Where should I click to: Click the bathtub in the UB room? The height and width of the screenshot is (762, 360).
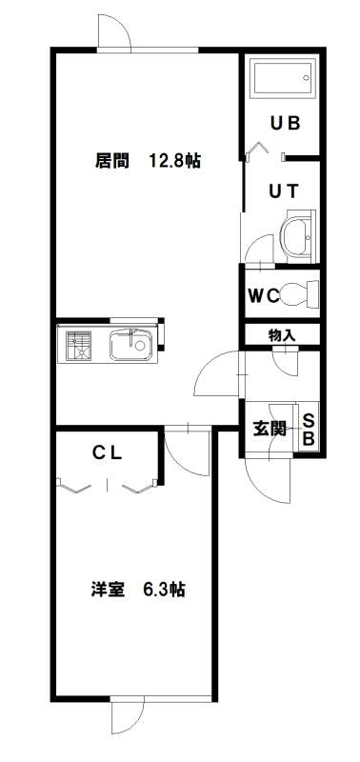[283, 77]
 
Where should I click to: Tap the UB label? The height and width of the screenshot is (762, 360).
[285, 124]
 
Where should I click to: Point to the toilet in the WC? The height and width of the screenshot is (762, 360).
[300, 294]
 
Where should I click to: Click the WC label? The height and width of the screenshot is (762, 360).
[264, 295]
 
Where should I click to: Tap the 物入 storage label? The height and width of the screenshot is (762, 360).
[282, 334]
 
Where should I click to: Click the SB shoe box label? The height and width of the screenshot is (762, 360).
[309, 430]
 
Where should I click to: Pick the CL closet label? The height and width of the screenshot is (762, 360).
[108, 453]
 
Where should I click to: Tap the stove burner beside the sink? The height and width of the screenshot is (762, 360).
[79, 346]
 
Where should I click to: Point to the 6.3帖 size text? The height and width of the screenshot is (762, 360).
[164, 590]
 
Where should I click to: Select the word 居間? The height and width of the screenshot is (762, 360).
[111, 161]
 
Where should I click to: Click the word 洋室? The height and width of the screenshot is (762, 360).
[108, 590]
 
